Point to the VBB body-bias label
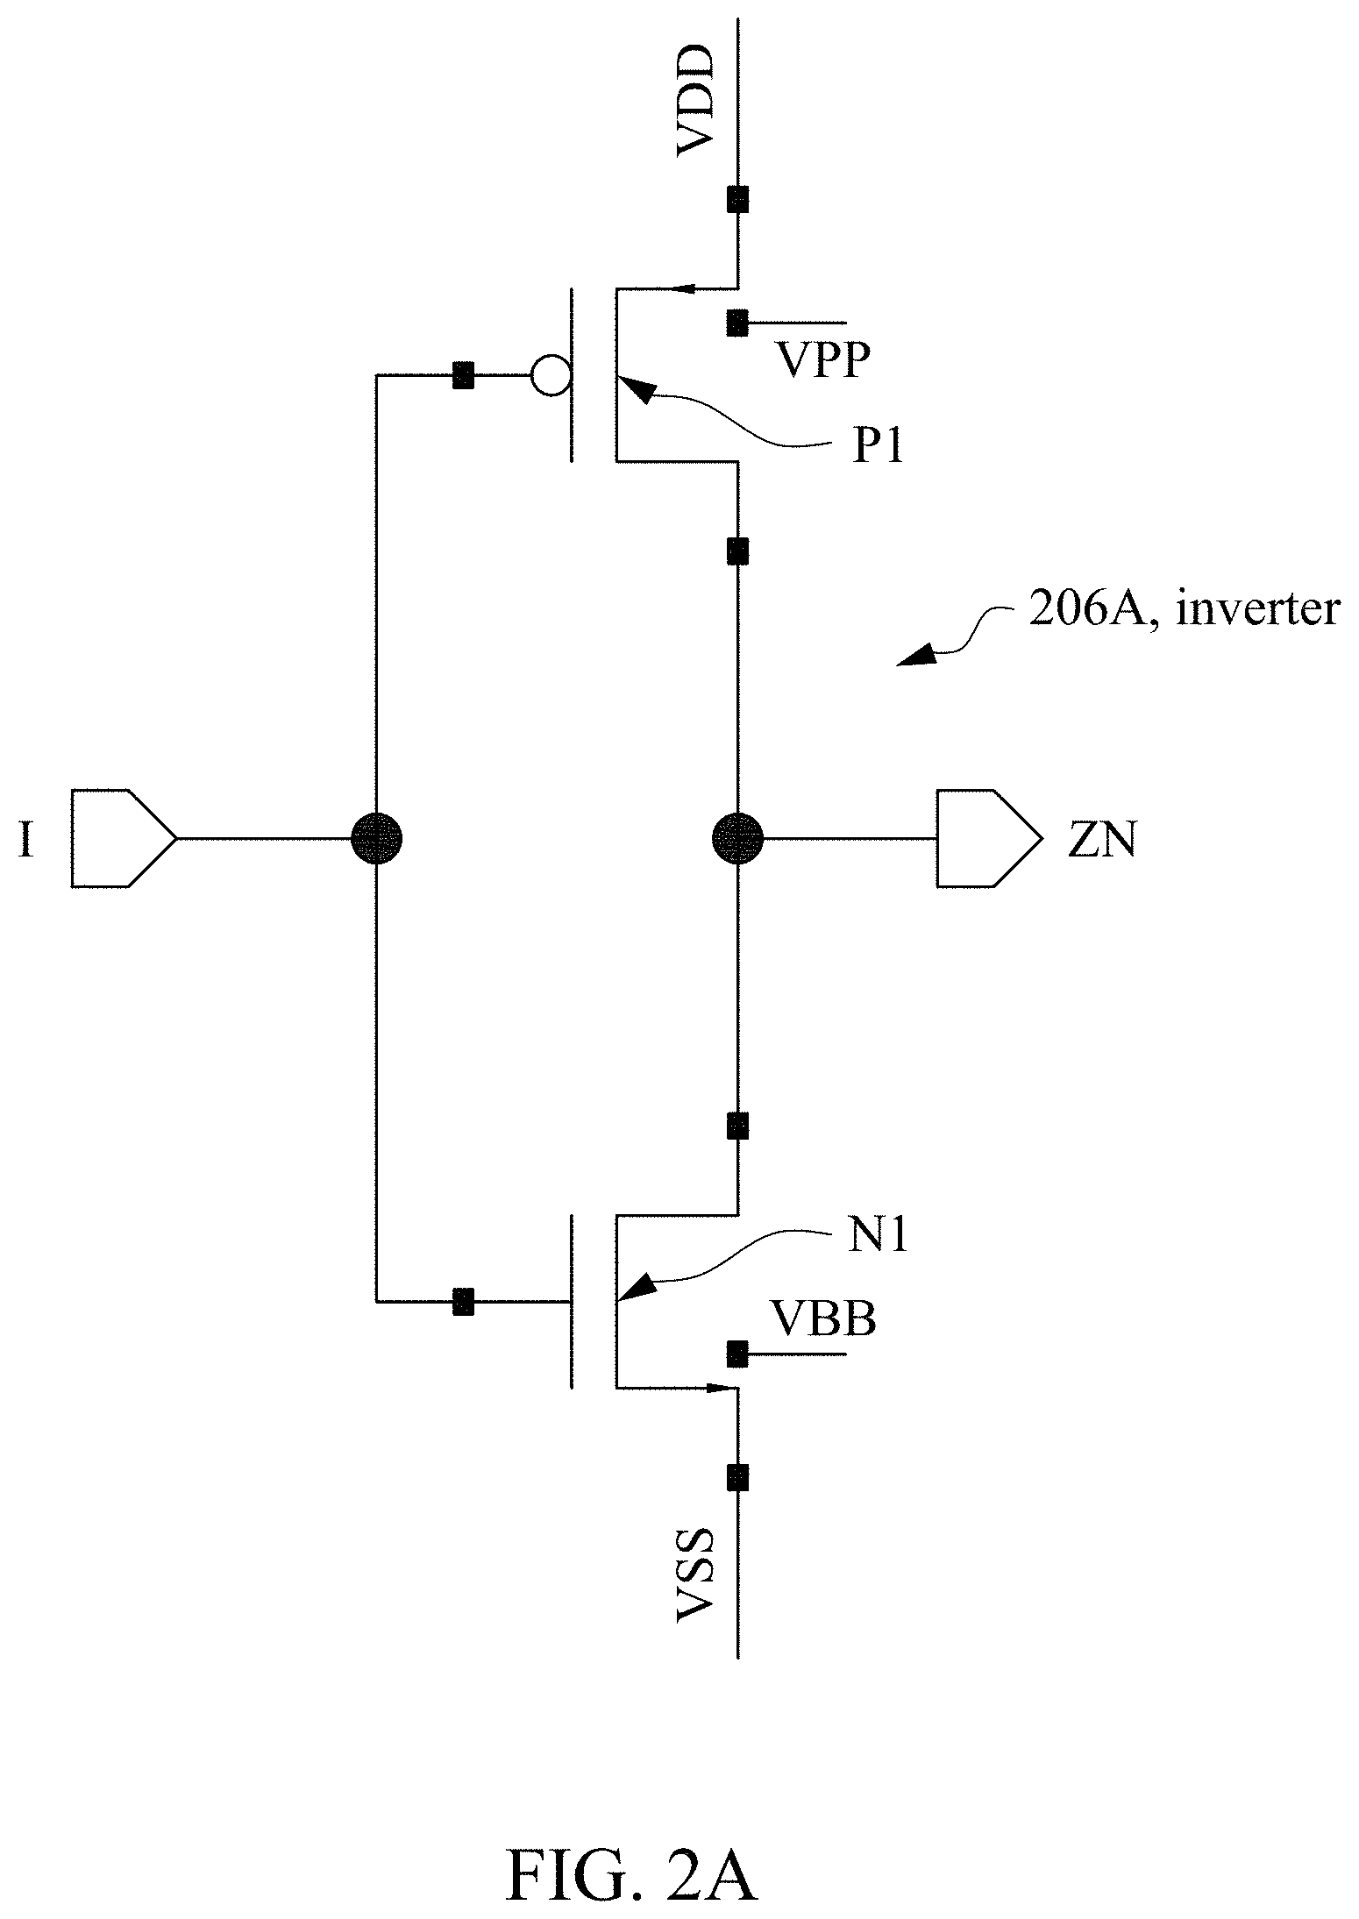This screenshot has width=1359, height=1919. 822,1318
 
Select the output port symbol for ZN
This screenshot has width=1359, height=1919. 989,838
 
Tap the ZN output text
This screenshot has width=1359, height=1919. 1102,841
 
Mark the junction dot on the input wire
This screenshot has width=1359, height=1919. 376,839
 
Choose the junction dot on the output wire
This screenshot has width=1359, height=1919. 737,839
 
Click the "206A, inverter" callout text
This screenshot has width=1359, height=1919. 1184,608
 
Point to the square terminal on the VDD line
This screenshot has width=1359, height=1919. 737,200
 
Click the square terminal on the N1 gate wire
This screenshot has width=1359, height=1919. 462,1302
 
